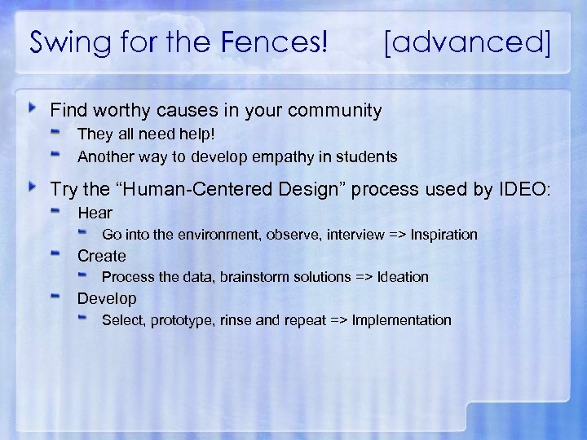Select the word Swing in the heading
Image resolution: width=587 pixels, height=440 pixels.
[64, 42]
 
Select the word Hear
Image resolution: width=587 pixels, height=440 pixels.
[95, 213]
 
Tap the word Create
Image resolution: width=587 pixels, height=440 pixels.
[102, 256]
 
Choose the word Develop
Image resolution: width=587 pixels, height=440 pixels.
[107, 298]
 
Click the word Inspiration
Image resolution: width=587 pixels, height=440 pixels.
[444, 235]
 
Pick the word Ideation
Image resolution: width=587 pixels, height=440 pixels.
[402, 277]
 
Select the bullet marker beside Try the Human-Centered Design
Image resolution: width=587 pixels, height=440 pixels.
[33, 187]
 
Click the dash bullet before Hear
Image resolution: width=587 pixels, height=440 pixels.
[57, 211]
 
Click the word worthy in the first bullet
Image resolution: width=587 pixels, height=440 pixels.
[113, 110]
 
